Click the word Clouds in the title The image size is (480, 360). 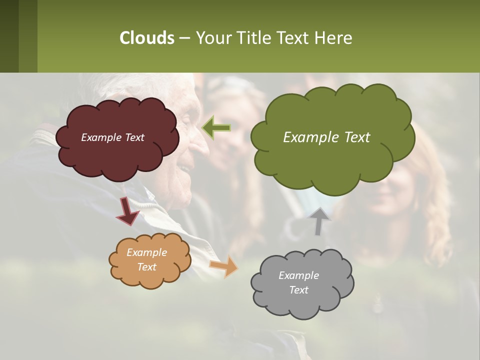coord(146,38)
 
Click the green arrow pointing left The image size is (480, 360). coord(216,128)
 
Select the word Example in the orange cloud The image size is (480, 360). coord(146,252)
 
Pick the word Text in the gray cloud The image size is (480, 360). coord(298,290)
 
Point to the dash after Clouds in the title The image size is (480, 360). coord(184,38)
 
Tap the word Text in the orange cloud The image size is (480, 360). coord(146,267)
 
